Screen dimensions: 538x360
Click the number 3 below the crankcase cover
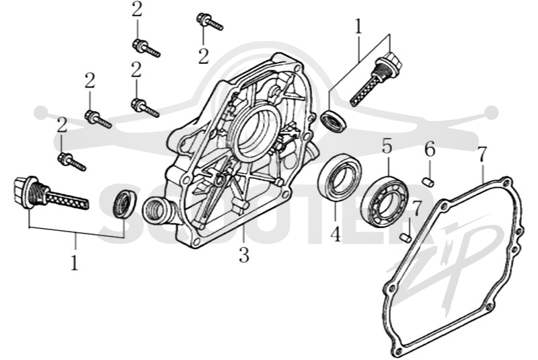coord(244,254)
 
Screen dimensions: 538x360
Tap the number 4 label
coord(336,234)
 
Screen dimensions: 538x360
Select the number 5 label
coord(387,146)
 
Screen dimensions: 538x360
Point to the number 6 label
coord(430,149)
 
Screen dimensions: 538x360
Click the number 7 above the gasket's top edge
coord(482,155)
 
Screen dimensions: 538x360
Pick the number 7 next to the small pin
coord(416,209)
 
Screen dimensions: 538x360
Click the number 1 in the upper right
coord(358,26)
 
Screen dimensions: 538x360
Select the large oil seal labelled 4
coord(339,178)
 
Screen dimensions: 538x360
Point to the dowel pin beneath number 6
coord(429,182)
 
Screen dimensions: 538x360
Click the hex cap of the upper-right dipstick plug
coord(391,62)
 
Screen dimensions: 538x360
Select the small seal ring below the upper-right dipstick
coord(334,120)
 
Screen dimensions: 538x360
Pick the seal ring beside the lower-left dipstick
coord(124,203)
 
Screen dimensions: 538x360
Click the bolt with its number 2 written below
coord(210,22)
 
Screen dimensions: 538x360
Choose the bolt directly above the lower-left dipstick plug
coord(72,161)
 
